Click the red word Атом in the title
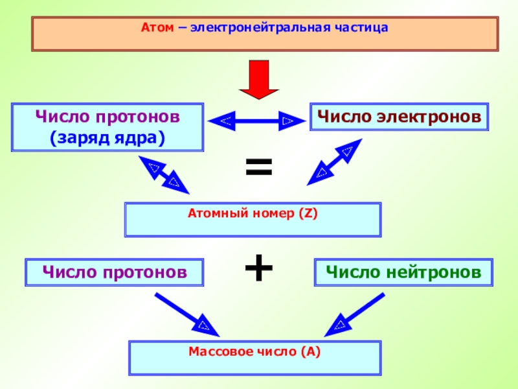click(x=157, y=27)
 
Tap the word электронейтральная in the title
click(x=260, y=27)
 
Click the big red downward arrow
click(x=259, y=80)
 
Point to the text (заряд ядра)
click(x=107, y=138)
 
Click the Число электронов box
click(x=399, y=117)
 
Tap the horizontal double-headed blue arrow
click(x=256, y=121)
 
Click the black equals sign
click(x=259, y=167)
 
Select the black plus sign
click(x=259, y=268)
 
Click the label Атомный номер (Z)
click(x=253, y=213)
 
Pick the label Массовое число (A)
click(x=254, y=351)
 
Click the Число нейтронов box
click(x=403, y=272)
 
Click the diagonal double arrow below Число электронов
click(x=335, y=162)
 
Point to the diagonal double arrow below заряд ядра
click(x=164, y=175)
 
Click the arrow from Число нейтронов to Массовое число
click(x=354, y=314)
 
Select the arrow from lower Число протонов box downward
click(x=187, y=315)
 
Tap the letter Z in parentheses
click(x=308, y=213)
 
